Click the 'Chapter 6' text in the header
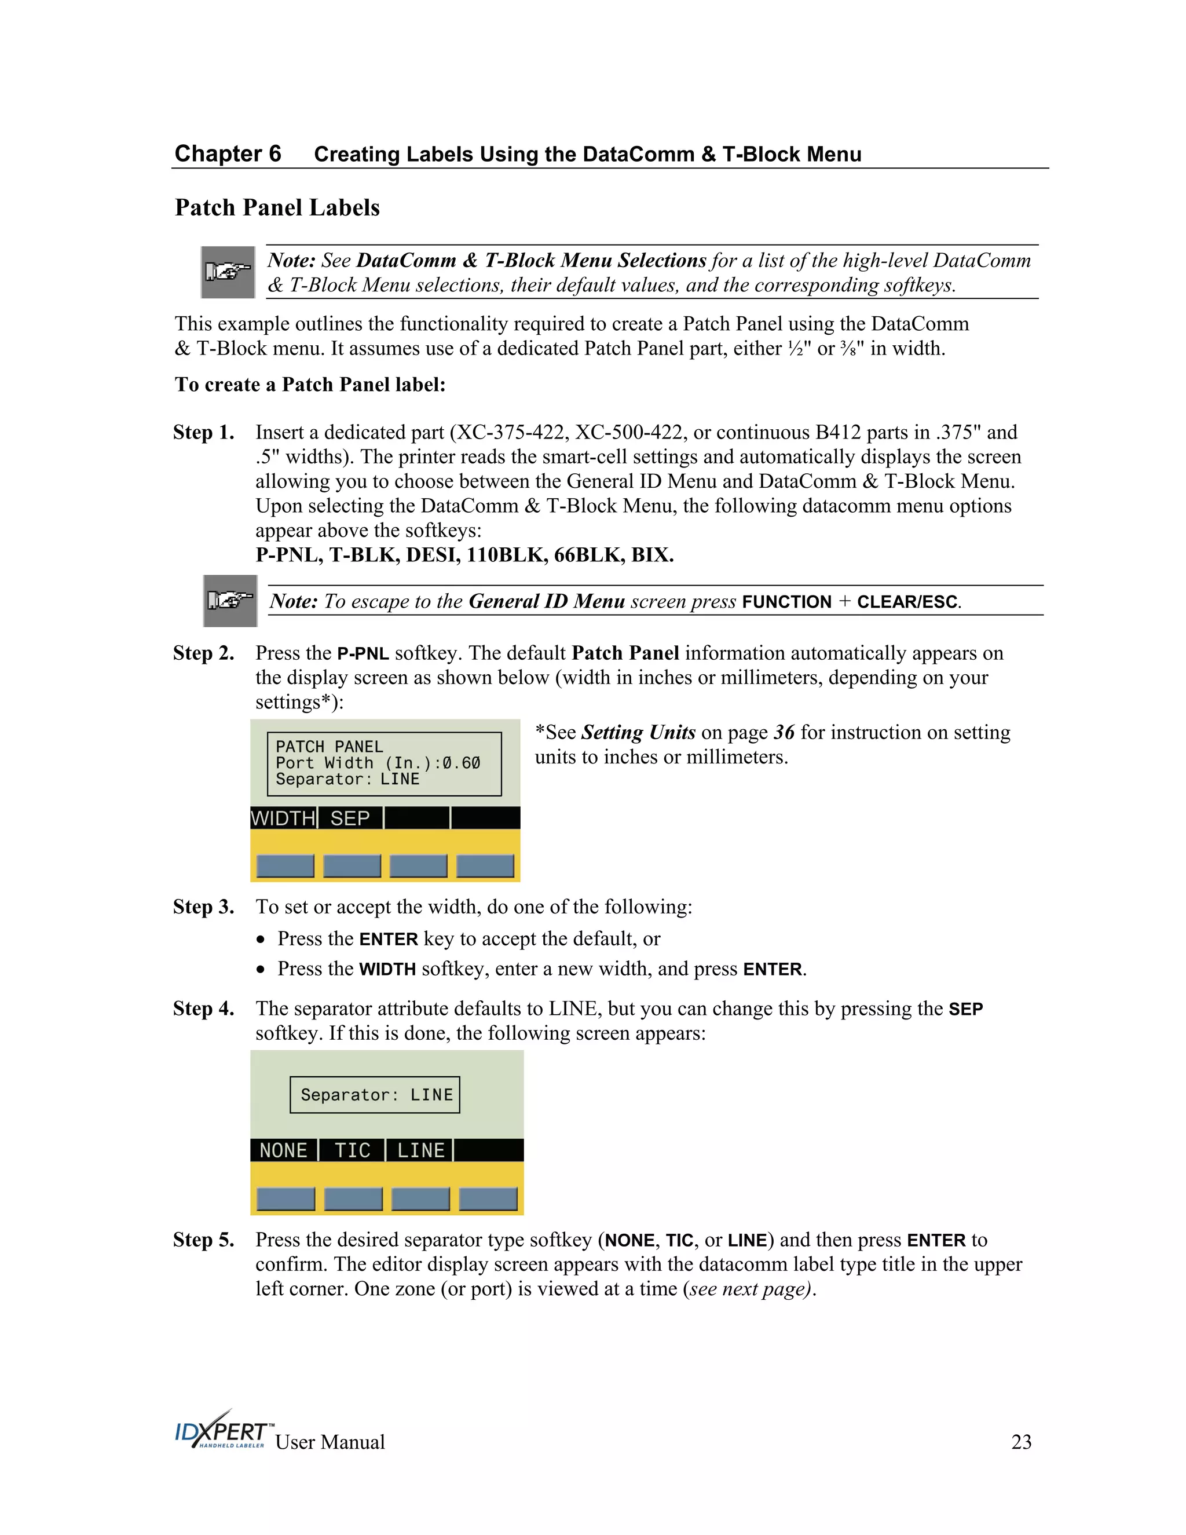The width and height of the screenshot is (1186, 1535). pos(228,153)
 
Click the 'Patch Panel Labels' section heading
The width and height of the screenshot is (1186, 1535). pos(277,207)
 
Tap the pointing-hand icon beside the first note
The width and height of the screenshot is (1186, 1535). pos(228,272)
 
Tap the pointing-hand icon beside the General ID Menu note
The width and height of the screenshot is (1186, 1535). pos(230,601)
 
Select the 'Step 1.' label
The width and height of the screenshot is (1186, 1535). pos(204,432)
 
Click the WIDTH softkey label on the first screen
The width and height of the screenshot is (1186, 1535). pos(283,818)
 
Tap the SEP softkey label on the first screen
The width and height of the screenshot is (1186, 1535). pos(350,818)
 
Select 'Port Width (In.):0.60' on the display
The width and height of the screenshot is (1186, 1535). pos(378,763)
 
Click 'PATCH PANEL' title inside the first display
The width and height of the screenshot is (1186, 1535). pos(329,747)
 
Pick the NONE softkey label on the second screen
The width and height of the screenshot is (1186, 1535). pos(283,1150)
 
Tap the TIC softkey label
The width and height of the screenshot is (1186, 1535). pos(352,1150)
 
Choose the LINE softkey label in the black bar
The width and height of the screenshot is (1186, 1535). pos(420,1150)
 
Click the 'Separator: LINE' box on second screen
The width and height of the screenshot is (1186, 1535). pos(375,1095)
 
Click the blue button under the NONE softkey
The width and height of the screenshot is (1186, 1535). pos(285,1199)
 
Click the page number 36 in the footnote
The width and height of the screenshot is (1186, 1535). pos(784,732)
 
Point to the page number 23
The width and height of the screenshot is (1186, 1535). pos(1021,1442)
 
